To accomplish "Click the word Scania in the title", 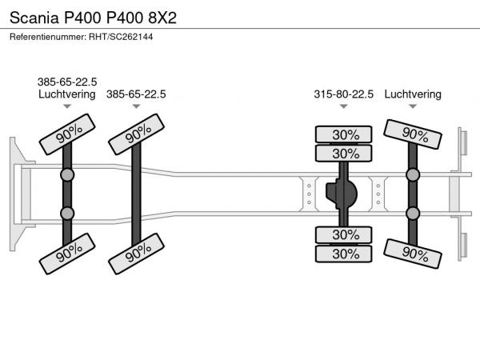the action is pos(34,18).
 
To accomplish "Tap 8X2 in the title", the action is pos(162,18).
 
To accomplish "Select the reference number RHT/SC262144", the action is pos(121,37).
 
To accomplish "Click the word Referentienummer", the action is pos(48,37).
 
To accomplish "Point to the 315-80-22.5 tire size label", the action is pos(343,94).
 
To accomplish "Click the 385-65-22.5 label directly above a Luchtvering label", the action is pos(67,82).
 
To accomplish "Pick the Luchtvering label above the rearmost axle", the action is pos(413,94).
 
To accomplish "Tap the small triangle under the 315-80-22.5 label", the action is pos(343,106).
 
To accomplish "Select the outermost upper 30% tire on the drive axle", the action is pos(343,134).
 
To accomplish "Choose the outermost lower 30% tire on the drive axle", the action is pos(343,254).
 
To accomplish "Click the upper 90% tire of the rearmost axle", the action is pos(413,134).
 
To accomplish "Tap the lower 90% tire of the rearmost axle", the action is pos(413,254).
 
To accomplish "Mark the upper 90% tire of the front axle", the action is pos(67,134).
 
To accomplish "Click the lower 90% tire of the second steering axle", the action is pos(136,254).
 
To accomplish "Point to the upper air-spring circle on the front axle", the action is pos(67,175).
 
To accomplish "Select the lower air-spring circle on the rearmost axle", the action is pos(413,214).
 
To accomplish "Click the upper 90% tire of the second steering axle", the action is pos(136,134).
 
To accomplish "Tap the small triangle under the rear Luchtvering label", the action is pos(413,106).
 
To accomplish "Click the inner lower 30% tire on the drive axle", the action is pos(343,234).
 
